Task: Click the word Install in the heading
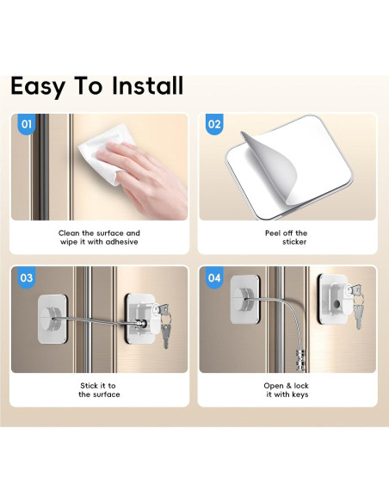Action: [148, 85]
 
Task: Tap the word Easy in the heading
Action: [38, 87]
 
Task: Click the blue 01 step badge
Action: [27, 124]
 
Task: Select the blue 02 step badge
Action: [214, 124]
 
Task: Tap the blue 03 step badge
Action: [27, 277]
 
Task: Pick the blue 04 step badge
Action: [214, 277]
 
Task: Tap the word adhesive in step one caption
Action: [122, 242]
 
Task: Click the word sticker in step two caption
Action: [294, 242]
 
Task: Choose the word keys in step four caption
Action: [299, 394]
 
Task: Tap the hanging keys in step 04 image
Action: [356, 307]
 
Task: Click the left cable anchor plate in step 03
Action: [52, 320]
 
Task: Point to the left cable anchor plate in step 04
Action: [245, 299]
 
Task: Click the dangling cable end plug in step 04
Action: [300, 357]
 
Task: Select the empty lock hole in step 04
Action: [337, 303]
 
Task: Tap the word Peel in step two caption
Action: [273, 233]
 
